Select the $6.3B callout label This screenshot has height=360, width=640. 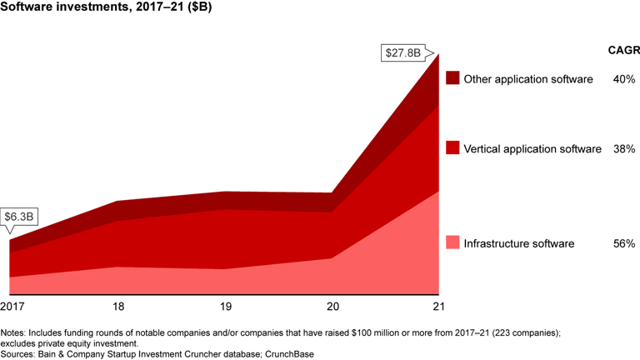point(19,217)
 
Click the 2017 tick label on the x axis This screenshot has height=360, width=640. point(12,307)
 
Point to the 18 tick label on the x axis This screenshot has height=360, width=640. point(118,307)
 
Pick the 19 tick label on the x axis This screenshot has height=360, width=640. point(226,307)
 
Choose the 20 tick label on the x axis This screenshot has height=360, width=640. point(332,307)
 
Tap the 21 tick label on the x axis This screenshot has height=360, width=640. point(438,307)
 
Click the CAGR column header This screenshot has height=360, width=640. point(622,50)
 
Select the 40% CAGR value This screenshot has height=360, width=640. point(624,79)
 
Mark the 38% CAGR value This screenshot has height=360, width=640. point(624,149)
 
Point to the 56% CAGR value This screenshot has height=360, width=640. point(624,244)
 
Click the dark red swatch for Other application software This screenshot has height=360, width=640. point(452,78)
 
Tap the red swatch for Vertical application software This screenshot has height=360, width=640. point(452,148)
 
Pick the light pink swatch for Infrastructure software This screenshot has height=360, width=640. point(452,243)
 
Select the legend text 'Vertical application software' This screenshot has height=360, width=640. point(532,149)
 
